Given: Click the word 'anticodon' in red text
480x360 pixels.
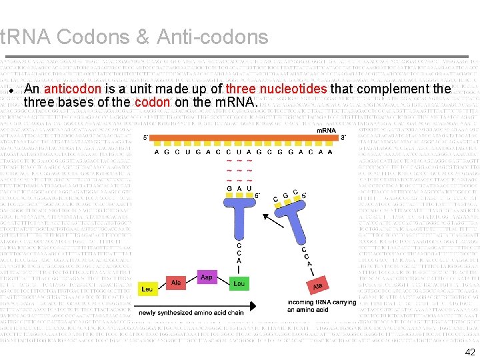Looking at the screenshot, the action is [73, 89].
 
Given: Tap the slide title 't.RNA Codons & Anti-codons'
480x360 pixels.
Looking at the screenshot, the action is [134, 37].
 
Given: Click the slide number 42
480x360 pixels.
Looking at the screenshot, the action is [469, 353].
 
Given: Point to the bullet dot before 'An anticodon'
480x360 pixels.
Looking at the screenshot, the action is [12, 90].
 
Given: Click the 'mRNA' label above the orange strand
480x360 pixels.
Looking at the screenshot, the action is [326, 131].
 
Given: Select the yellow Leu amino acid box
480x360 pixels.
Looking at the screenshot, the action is [147, 289].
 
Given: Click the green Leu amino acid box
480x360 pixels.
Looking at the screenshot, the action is [239, 283].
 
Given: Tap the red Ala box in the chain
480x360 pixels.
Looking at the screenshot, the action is [176, 283].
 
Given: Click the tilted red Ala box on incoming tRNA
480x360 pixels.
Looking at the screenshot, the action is [318, 285].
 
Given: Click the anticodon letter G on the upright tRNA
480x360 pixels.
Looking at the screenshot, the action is [230, 188].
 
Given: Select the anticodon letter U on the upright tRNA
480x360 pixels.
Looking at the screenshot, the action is [249, 188].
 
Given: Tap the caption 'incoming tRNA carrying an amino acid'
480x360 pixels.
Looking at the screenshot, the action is [323, 306].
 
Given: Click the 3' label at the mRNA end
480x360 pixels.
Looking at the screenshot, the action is [343, 138].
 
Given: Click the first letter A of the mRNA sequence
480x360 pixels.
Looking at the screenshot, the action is [157, 151].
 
